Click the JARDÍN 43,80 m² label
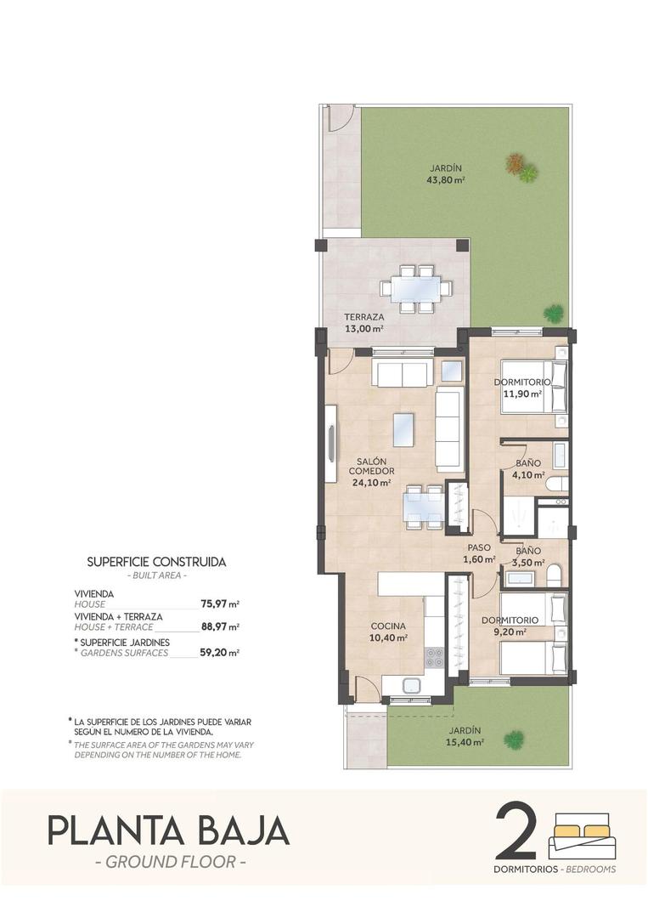click(x=448, y=173)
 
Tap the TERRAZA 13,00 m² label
click(x=364, y=322)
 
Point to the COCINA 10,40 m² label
click(x=388, y=632)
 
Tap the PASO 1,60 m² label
click(x=480, y=553)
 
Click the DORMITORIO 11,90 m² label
click(x=522, y=388)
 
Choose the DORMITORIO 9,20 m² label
click(x=511, y=626)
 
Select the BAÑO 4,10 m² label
click(x=530, y=469)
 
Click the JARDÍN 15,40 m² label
click(x=466, y=736)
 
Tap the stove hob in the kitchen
click(x=434, y=656)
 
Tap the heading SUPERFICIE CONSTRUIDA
click(x=157, y=562)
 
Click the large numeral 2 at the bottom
click(x=517, y=830)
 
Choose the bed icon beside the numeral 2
click(x=583, y=836)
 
